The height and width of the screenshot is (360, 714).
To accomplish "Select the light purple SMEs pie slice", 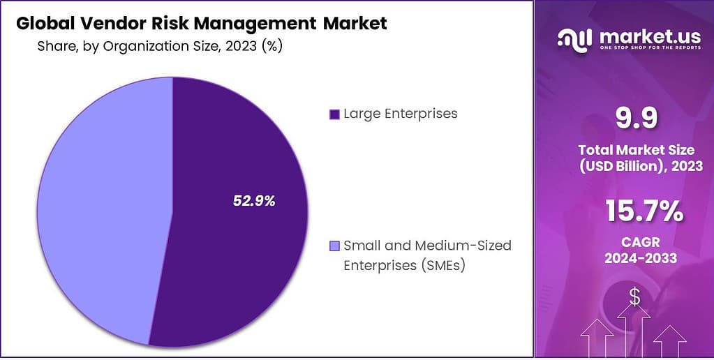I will click(x=98, y=209).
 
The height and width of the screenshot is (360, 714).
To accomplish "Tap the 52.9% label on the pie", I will click(x=254, y=201).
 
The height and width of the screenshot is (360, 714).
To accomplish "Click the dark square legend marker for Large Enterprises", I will click(x=334, y=114).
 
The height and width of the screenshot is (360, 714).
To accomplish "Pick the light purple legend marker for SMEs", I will click(x=334, y=246).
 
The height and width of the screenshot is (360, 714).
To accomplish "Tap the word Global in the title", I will click(x=42, y=24).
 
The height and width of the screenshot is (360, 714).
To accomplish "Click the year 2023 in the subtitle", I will click(x=240, y=46).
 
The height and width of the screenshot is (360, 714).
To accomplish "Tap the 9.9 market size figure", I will click(x=636, y=119).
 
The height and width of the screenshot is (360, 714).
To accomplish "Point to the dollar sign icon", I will click(x=634, y=298).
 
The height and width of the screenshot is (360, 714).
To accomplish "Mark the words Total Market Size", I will click(x=636, y=149).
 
